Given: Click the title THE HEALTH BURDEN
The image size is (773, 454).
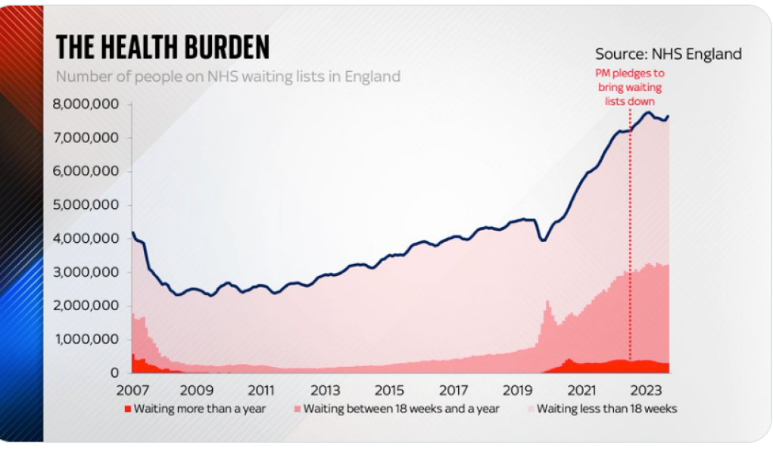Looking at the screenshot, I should pyautogui.click(x=163, y=48).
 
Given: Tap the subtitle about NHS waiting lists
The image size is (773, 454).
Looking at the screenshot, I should pyautogui.click(x=228, y=76).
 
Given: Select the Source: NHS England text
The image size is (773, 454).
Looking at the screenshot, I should pyautogui.click(x=668, y=54).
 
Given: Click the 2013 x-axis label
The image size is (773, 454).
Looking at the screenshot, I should pyautogui.click(x=326, y=391).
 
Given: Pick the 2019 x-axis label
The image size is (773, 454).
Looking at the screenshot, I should pyautogui.click(x=519, y=391).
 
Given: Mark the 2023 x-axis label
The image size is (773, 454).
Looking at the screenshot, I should pyautogui.click(x=647, y=391).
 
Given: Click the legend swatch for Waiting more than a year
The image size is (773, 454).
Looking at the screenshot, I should pyautogui.click(x=127, y=409).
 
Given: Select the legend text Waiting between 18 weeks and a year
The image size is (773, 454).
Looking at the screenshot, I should pyautogui.click(x=401, y=409).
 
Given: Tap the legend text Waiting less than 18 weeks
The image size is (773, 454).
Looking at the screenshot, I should pyautogui.click(x=607, y=409).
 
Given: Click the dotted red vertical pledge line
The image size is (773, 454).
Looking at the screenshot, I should pyautogui.click(x=629, y=227).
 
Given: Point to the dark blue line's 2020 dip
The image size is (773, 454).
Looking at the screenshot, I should pyautogui.click(x=542, y=240).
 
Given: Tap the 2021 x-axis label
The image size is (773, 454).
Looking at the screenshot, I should pyautogui.click(x=583, y=391).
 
